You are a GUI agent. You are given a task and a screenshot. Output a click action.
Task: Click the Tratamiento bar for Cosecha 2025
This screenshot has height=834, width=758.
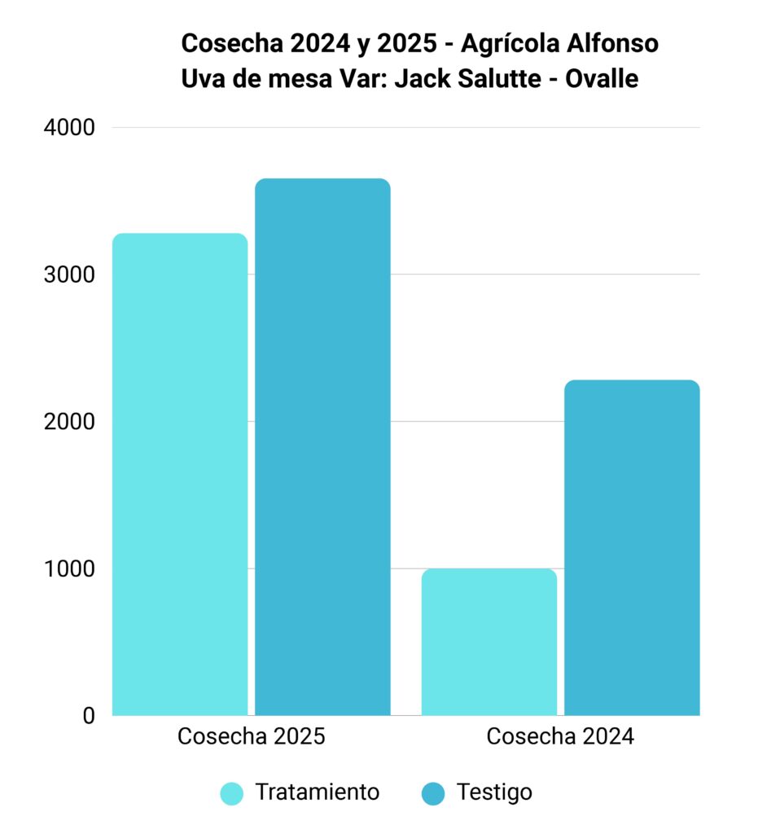pyautogui.click(x=180, y=475)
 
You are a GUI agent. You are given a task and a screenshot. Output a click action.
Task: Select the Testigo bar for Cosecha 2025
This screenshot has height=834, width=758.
pyautogui.click(x=322, y=447)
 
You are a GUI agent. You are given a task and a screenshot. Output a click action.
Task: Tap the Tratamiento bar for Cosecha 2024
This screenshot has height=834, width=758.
pyautogui.click(x=489, y=642)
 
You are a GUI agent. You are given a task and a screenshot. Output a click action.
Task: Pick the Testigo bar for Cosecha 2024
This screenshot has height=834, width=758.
pyautogui.click(x=632, y=548)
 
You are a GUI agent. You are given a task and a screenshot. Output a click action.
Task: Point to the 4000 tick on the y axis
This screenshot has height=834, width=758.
pyautogui.click(x=70, y=128)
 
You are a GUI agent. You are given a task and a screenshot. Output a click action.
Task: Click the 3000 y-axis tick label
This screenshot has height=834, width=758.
pyautogui.click(x=70, y=274)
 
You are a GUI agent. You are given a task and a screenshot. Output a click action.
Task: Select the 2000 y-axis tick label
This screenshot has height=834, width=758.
pyautogui.click(x=70, y=421)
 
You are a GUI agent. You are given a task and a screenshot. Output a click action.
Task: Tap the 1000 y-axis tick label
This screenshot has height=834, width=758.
pyautogui.click(x=70, y=568)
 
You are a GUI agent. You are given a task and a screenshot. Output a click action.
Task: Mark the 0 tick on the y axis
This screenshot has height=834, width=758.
pyautogui.click(x=89, y=715)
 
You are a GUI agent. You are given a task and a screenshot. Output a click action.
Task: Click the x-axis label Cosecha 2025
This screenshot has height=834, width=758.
pyautogui.click(x=252, y=736)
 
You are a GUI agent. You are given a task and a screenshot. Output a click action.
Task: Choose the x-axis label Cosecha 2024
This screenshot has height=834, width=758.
pyautogui.click(x=560, y=736)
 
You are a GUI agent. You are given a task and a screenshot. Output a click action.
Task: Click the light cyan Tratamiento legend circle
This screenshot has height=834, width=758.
pyautogui.click(x=232, y=793)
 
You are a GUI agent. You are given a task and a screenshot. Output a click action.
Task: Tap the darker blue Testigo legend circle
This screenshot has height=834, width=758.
pyautogui.click(x=433, y=793)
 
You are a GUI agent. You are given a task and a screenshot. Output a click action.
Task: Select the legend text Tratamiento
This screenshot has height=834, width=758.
pyautogui.click(x=318, y=792)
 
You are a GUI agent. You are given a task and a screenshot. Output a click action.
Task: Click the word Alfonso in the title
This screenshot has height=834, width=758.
pyautogui.click(x=612, y=43)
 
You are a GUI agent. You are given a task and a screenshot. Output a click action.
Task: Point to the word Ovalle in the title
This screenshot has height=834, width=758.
pyautogui.click(x=602, y=79)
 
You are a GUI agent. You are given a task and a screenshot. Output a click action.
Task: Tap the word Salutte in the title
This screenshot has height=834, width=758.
pyautogui.click(x=499, y=79)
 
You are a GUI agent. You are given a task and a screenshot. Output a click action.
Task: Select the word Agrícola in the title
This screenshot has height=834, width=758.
pyautogui.click(x=510, y=45)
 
